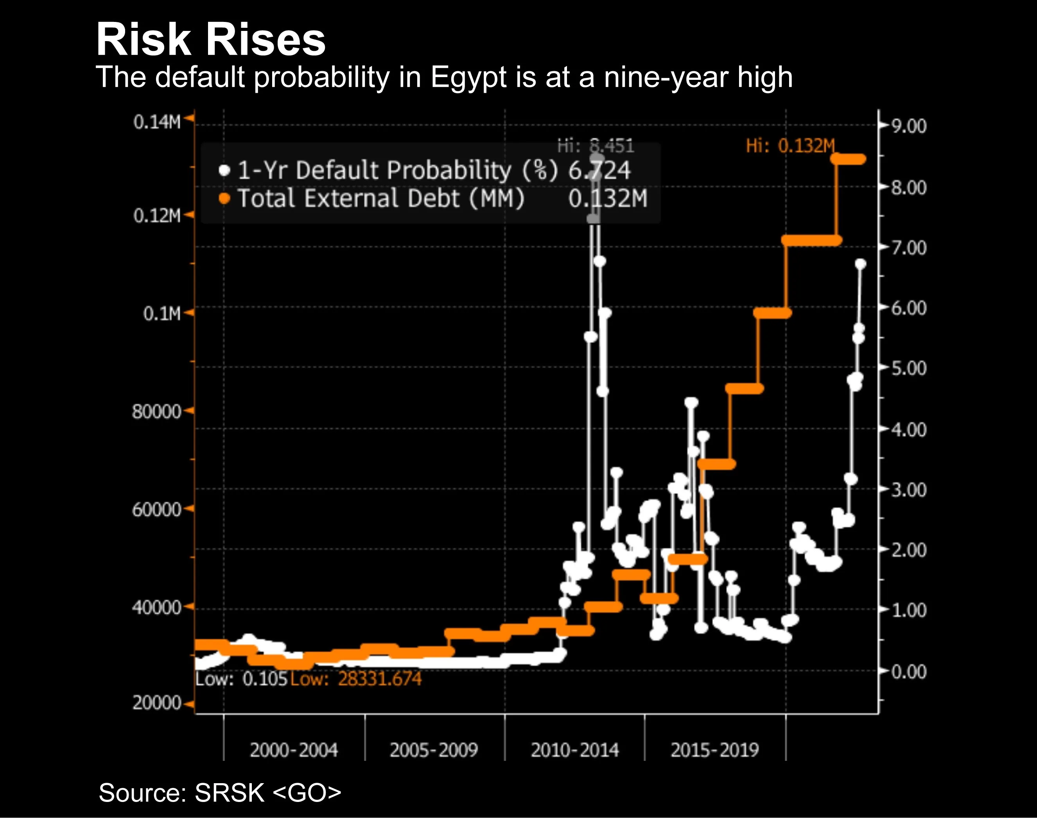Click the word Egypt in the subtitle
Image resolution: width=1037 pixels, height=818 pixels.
pos(468,77)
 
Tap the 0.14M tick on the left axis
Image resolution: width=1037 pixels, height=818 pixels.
pos(157,122)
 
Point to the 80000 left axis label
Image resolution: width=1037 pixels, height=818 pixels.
pos(156,411)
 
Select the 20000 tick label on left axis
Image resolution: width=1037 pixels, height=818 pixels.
pos(156,703)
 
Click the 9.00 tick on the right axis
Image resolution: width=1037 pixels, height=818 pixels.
pos(909,126)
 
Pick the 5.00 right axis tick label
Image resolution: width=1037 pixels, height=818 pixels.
pos(909,368)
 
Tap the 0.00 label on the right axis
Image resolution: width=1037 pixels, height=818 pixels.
pos(909,672)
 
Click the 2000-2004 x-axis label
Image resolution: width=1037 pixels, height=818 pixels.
pos(293,750)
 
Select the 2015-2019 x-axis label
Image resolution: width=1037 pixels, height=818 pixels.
pos(714,750)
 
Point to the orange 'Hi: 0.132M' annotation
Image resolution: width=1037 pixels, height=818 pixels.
pos(791,146)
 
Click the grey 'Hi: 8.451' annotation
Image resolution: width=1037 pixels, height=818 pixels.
pos(596,146)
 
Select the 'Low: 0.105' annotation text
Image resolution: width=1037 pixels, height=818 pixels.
pos(241,679)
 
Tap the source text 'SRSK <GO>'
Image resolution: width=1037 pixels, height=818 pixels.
pos(267,793)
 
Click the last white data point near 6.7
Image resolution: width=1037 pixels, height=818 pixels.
pos(860,264)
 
